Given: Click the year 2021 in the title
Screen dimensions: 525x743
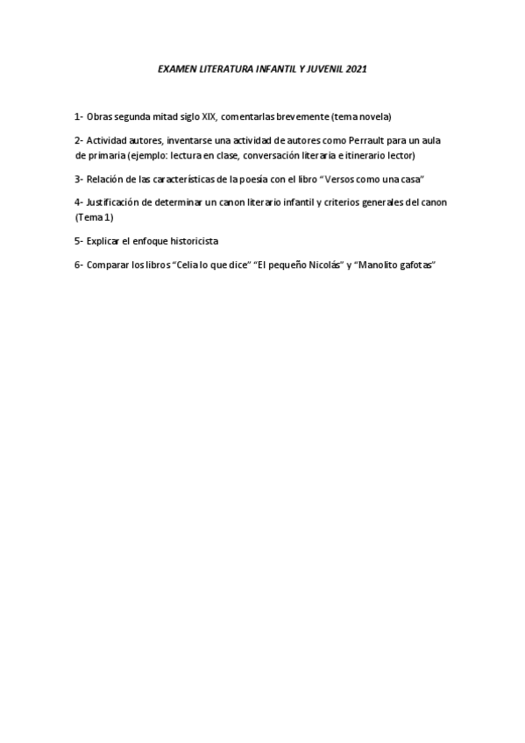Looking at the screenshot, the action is point(357,67).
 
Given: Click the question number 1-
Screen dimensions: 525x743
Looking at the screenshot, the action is point(79,117).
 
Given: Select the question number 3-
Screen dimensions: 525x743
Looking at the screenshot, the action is point(79,179).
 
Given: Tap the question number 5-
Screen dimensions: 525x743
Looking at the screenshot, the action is point(79,240).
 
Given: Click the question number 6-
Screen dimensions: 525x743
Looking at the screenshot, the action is point(79,265).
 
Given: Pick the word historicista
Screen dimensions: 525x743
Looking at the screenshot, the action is point(194,240).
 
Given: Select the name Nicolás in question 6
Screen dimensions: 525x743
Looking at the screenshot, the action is point(323,265).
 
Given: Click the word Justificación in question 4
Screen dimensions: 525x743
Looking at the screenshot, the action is point(113,202).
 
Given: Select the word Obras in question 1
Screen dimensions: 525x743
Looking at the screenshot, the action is point(100,117).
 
